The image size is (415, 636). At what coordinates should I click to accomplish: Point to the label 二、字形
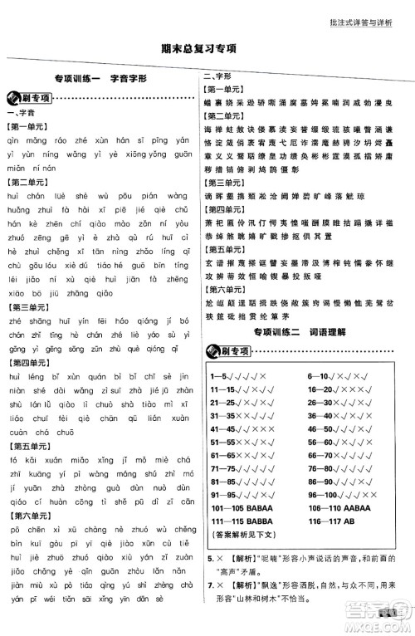point(217,77)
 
